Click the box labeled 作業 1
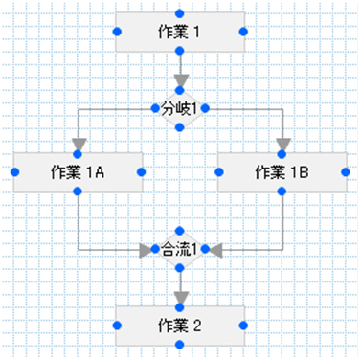tap(179, 32)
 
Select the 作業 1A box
tap(78, 172)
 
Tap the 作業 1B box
tap(282, 172)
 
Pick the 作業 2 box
tap(179, 326)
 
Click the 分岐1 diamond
tap(179, 109)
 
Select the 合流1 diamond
tap(179, 250)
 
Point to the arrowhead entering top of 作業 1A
tap(78, 145)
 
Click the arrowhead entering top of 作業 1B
tap(282, 145)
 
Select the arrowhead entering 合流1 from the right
tap(214, 250)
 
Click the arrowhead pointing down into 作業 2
tap(179, 298)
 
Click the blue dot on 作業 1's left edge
tap(116, 32)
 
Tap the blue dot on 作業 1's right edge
tap(243, 32)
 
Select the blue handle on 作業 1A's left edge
tap(14, 172)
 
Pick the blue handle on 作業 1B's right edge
tap(346, 172)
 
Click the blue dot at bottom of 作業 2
tap(179, 345)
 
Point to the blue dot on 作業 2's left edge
tap(116, 326)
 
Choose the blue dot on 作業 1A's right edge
tap(142, 172)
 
